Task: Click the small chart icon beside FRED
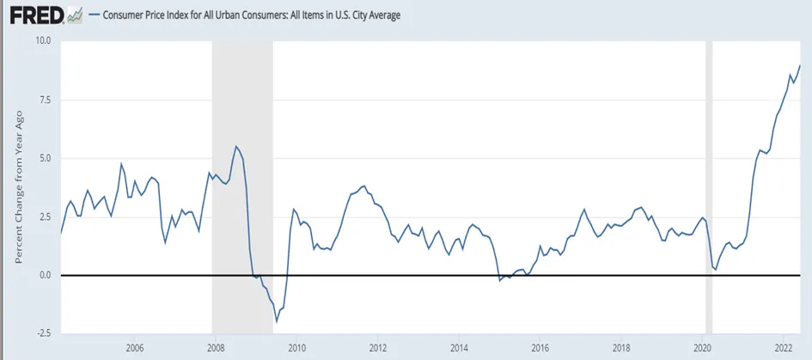click(x=75, y=15)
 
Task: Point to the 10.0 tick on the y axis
click(x=44, y=41)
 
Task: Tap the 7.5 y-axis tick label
click(x=46, y=100)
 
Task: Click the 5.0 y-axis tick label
click(x=46, y=158)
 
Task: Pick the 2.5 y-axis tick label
click(x=46, y=217)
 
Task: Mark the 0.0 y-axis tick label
click(x=46, y=275)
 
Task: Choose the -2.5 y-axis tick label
click(x=44, y=333)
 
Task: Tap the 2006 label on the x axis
click(x=134, y=347)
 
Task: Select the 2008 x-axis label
click(x=215, y=347)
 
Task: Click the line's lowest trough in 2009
click(x=277, y=321)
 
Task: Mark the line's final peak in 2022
click(x=800, y=65)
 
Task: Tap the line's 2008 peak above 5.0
click(x=236, y=146)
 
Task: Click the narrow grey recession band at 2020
click(x=709, y=187)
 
